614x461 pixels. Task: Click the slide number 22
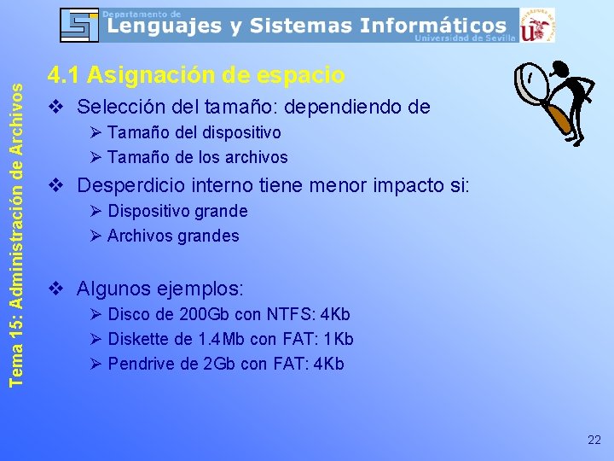pyautogui.click(x=594, y=440)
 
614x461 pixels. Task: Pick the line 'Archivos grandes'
pyautogui.click(x=173, y=236)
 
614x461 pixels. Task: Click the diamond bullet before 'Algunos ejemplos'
pyautogui.click(x=55, y=288)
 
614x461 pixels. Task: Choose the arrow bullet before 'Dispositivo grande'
pyautogui.click(x=96, y=211)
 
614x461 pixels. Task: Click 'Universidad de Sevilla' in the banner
pyautogui.click(x=464, y=38)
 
